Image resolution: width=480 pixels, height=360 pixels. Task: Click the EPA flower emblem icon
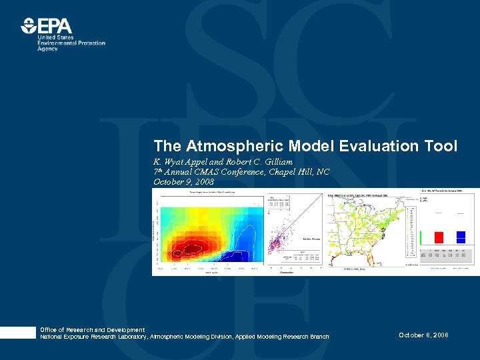click(29, 26)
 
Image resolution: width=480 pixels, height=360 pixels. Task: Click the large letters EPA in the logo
click(55, 26)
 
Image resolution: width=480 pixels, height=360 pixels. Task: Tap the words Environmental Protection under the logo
click(71, 43)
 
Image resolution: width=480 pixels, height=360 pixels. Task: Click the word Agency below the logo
click(47, 49)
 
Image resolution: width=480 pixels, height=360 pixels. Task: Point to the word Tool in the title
click(441, 146)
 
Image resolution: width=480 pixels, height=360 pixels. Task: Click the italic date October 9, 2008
click(183, 181)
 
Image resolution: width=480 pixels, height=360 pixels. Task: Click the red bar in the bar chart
click(439, 237)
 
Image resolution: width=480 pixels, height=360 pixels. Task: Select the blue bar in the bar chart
click(461, 236)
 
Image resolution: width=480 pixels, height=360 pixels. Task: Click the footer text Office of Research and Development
click(92, 330)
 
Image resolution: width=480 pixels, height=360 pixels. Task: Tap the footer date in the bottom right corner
click(423, 335)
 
